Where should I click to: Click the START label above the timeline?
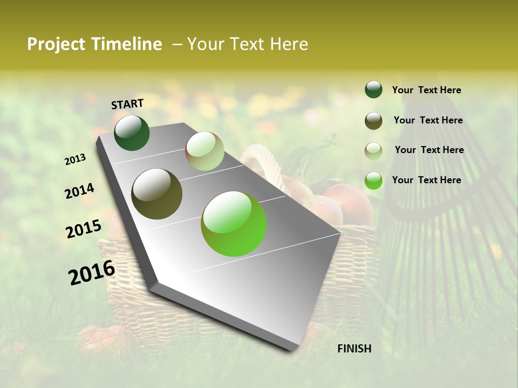127,104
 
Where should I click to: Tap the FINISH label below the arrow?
354,349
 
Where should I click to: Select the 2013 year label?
75,160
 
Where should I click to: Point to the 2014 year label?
79,191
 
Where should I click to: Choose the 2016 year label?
92,273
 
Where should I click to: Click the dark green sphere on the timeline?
132,133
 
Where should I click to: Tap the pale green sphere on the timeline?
205,151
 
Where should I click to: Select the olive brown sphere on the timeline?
157,194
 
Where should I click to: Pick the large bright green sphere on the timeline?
234,224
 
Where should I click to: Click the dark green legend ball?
373,89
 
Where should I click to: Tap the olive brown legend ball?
373,121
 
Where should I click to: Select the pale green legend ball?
373,151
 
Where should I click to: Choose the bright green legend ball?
373,181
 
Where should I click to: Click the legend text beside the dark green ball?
426,90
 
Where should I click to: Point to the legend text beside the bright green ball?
426,180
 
